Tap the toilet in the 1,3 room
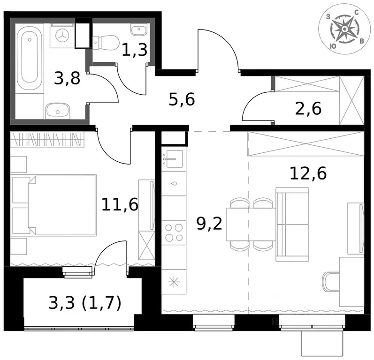coord(106,43)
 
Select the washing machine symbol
coord(62,36)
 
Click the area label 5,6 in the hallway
coord(182,99)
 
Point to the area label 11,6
coord(120,204)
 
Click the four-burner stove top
coord(174,232)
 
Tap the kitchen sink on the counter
coord(174,159)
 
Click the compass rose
coord(344,29)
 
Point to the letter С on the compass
coord(356,13)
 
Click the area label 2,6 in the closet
coord(308,109)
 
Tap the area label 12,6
coord(308,173)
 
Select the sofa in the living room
coord(292,224)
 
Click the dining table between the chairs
coord(251,224)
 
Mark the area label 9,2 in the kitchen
coord(209,224)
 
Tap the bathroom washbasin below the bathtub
coord(58,111)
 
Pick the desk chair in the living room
coord(331,281)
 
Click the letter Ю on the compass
coord(333,46)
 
